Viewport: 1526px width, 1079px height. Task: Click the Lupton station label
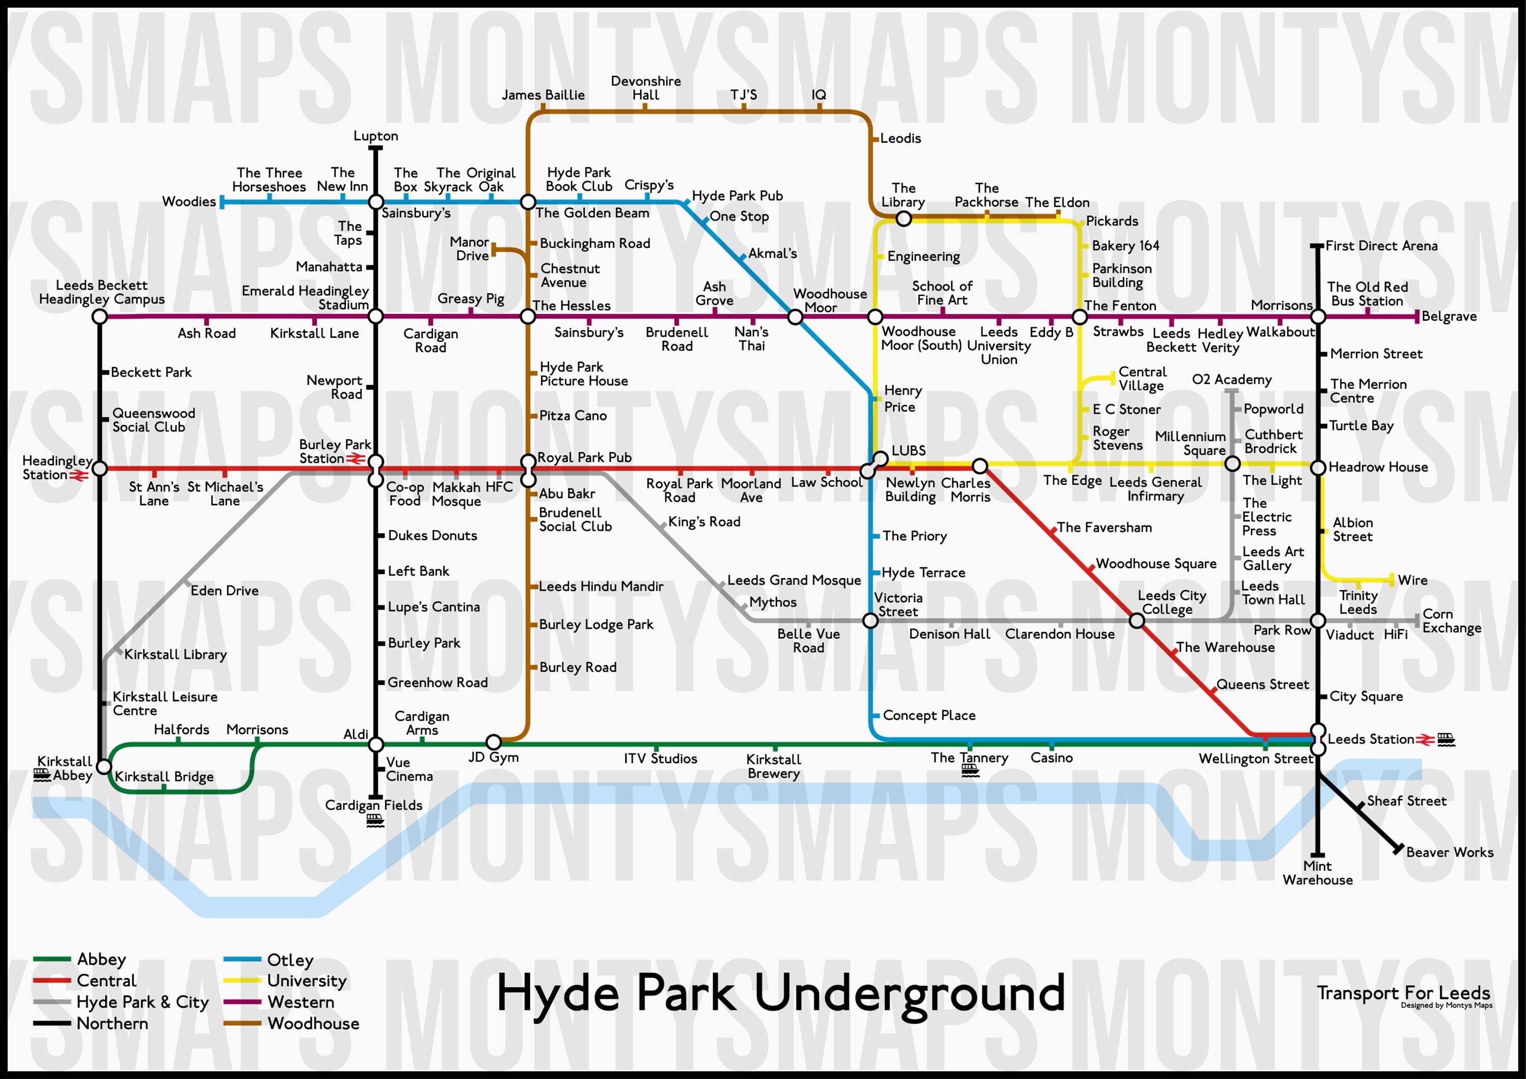375,136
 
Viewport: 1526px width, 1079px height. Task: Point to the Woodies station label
189,201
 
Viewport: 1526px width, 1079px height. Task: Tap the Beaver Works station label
1450,852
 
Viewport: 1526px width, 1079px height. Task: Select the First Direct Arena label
1381,246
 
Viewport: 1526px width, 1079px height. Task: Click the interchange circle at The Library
903,218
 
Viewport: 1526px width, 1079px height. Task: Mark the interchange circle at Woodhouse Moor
795,317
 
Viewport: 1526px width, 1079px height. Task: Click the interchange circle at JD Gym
493,742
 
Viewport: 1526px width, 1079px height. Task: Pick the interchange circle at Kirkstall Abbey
104,767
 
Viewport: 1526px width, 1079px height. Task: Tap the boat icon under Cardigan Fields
375,821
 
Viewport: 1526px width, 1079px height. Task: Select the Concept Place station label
928,715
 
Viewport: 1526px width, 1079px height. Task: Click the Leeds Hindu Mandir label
601,587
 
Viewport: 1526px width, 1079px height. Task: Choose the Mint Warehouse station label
1317,873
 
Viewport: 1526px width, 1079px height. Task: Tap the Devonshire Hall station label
645,88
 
